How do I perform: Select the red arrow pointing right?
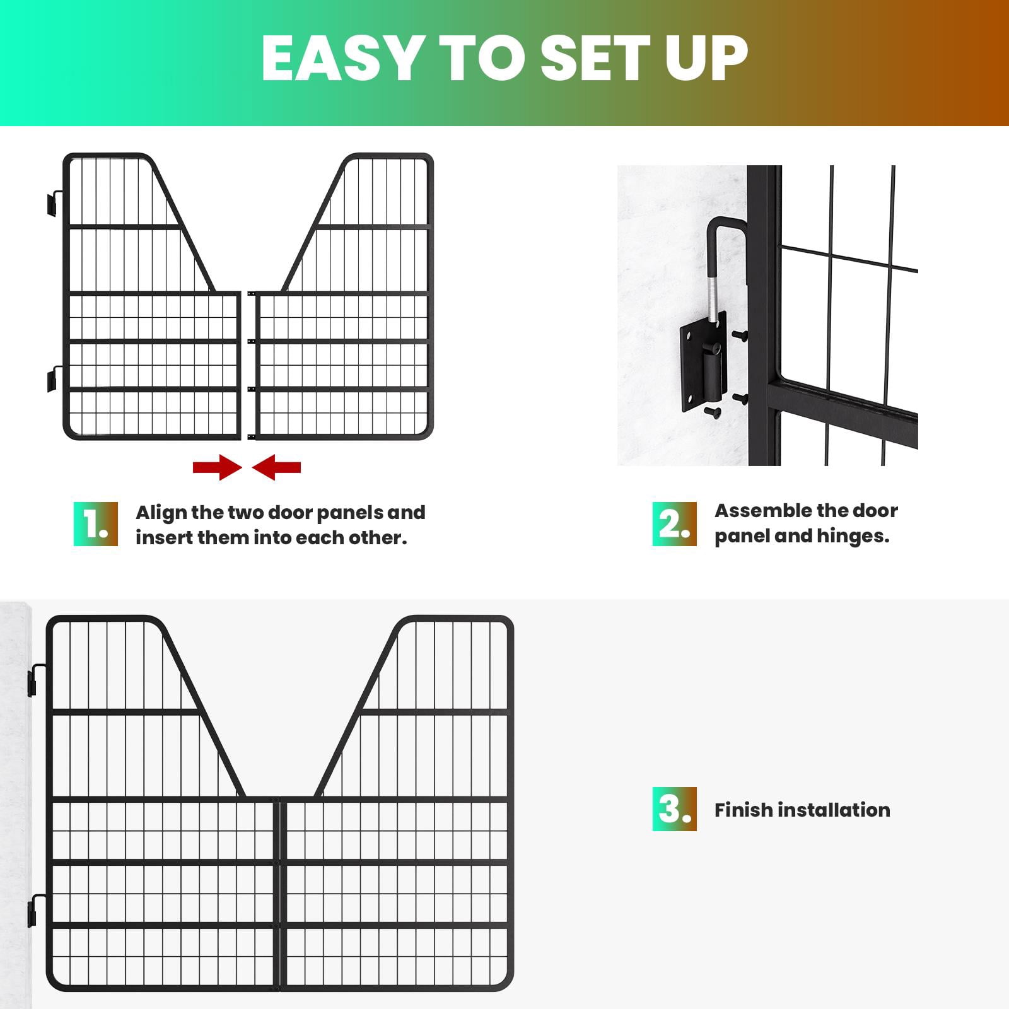point(217,467)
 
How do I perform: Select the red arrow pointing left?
point(276,467)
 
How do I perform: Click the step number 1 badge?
point(96,524)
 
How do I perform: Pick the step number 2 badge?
point(674,524)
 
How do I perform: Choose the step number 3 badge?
point(674,809)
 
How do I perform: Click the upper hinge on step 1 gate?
point(54,202)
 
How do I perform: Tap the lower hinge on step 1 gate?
point(54,378)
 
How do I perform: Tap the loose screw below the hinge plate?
point(712,412)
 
